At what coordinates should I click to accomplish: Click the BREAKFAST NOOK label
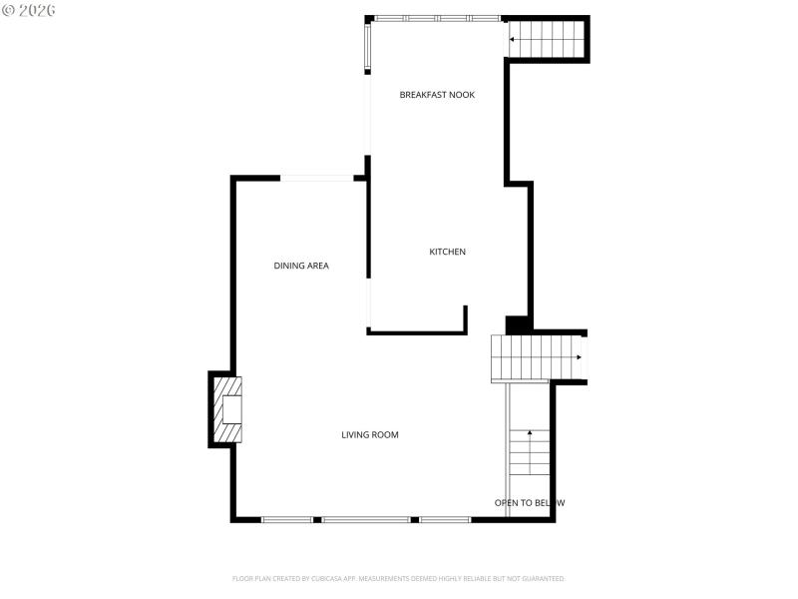437,95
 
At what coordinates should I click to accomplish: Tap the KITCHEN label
447,252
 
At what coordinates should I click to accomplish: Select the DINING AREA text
301,266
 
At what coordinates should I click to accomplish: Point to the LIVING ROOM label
370,435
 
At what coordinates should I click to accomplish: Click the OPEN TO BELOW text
530,503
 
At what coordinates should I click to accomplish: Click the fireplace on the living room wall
226,409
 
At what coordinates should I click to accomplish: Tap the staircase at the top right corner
546,40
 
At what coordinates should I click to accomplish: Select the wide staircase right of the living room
537,358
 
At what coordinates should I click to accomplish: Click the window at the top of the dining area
316,179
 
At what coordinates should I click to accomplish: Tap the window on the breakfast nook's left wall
368,47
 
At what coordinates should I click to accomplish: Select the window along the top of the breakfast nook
437,18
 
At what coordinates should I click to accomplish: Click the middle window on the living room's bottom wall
365,519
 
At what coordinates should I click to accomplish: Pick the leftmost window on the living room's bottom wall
288,519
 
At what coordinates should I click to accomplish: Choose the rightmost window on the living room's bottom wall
444,519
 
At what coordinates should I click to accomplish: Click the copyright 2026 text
29,9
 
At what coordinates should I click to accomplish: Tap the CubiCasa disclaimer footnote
399,579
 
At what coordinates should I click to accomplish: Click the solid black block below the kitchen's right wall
519,325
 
